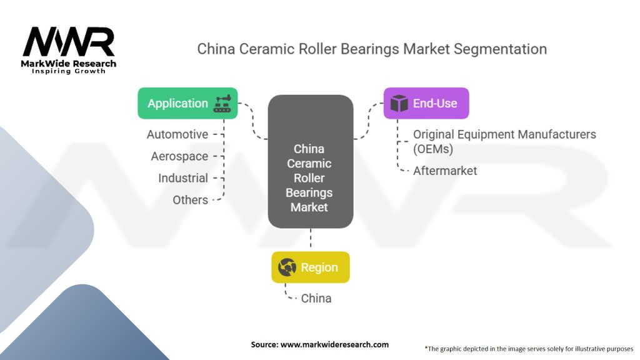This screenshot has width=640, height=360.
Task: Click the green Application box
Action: coord(187,103)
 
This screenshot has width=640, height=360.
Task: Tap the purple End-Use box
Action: coord(426,103)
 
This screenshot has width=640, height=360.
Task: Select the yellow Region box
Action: coord(311,267)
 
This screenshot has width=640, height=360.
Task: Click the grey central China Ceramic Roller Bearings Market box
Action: coord(311,162)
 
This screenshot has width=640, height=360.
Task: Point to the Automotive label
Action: coord(177,134)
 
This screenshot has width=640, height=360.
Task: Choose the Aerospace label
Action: coord(179,156)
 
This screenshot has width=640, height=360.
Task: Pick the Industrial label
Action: coord(183,178)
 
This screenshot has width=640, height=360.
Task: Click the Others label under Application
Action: coord(190,200)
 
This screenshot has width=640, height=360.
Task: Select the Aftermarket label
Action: coord(445,171)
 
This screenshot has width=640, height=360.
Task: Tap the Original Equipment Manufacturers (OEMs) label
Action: coord(504,142)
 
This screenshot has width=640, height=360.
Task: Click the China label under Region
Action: coord(316,298)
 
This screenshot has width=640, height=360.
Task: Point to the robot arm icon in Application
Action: coord(222,104)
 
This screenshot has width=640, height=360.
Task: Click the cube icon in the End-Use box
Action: coord(399,103)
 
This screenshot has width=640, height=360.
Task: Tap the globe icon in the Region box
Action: coord(287,267)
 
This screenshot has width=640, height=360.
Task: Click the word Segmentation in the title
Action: coord(501,49)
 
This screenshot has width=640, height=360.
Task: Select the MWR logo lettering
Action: coord(69,42)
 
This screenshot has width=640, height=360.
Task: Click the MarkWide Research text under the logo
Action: coord(69,64)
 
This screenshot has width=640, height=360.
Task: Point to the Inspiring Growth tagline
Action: coord(69,71)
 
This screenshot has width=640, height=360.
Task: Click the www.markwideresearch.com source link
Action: coord(335,344)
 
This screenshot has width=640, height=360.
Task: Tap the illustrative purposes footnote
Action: coord(529,349)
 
